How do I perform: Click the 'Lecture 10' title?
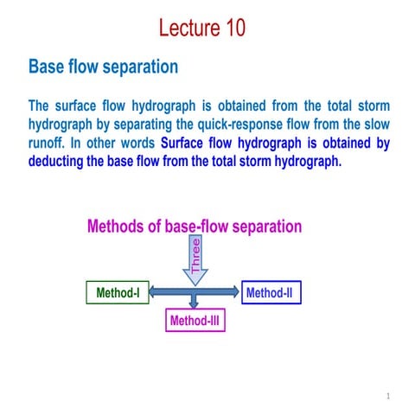(202, 29)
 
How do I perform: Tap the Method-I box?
(118, 293)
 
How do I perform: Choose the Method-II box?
(270, 293)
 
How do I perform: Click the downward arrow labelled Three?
(195, 260)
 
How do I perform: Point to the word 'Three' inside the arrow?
(195, 257)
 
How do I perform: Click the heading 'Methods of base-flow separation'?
(195, 227)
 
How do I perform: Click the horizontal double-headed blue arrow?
(195, 294)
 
